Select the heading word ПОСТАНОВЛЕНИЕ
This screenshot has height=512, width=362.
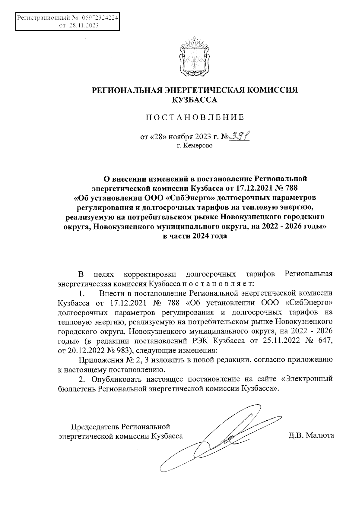[x=195, y=118]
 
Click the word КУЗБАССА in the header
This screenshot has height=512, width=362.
[x=194, y=100]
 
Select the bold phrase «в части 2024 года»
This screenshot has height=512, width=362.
[x=195, y=236]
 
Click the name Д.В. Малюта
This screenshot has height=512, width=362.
[x=311, y=435]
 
